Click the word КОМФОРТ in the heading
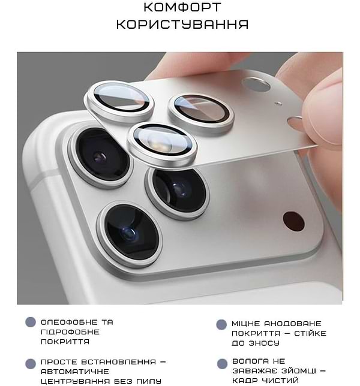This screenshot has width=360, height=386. tap(182, 8)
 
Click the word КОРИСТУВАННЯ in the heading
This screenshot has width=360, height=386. tap(182, 25)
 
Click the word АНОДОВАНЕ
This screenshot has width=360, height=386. tap(290, 324)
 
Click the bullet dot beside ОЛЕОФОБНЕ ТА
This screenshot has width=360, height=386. tap(31, 322)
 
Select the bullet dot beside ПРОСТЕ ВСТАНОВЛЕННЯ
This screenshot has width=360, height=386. tap(31, 363)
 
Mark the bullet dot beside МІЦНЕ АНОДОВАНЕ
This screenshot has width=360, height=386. tap(221, 324)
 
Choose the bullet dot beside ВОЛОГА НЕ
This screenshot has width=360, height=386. tap(221, 363)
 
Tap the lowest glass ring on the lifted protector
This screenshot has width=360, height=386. tap(162, 144)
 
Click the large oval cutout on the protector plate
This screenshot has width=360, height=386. tap(256, 85)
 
